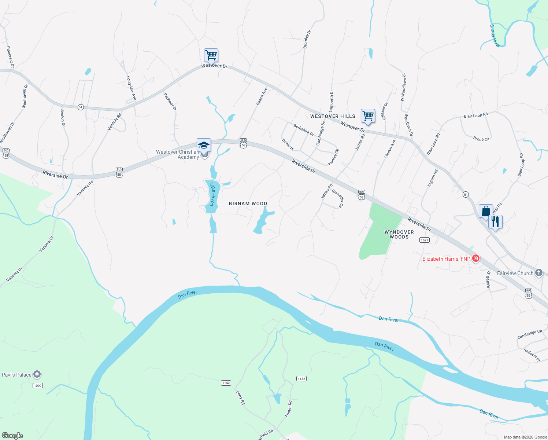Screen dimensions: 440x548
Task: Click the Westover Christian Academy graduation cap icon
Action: pos(204,146)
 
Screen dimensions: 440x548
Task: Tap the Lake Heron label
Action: pos(212,194)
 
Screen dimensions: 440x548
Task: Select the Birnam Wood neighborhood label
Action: pos(248,203)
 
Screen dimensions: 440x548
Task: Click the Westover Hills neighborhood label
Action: pos(333,116)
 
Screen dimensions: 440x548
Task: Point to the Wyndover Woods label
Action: pos(399,235)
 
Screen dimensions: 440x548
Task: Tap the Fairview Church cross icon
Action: pos(538,273)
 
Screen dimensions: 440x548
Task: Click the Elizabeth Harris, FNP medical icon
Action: pos(476,258)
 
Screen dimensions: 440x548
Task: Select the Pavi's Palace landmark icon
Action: pos(37,374)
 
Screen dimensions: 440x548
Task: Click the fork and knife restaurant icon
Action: pos(495,222)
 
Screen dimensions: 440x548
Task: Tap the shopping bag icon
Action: pos(486,212)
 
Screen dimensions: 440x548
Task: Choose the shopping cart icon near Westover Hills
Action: pos(368,116)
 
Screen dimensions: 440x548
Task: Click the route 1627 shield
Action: pos(425,240)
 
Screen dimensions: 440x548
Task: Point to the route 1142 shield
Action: pos(226,383)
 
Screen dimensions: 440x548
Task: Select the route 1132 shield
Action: pos(301,379)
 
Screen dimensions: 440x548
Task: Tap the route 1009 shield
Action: pos(38,385)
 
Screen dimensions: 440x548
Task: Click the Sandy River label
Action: pos(495,36)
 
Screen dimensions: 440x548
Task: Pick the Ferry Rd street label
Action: pos(240,397)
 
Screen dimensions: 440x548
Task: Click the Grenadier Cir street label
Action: pos(337,198)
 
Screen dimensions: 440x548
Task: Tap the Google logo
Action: pos(12,436)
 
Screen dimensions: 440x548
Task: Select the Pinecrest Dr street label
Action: pos(10,57)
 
